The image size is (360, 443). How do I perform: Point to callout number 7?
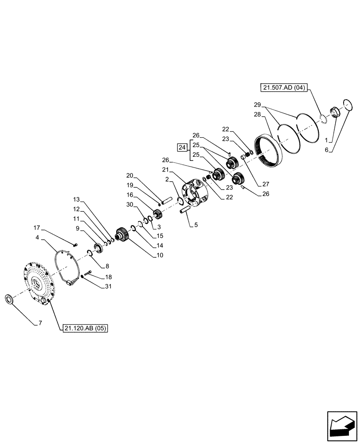tap(40, 323)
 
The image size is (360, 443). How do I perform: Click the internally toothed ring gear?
tap(267, 150)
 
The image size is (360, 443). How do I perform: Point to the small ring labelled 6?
tap(347, 106)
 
